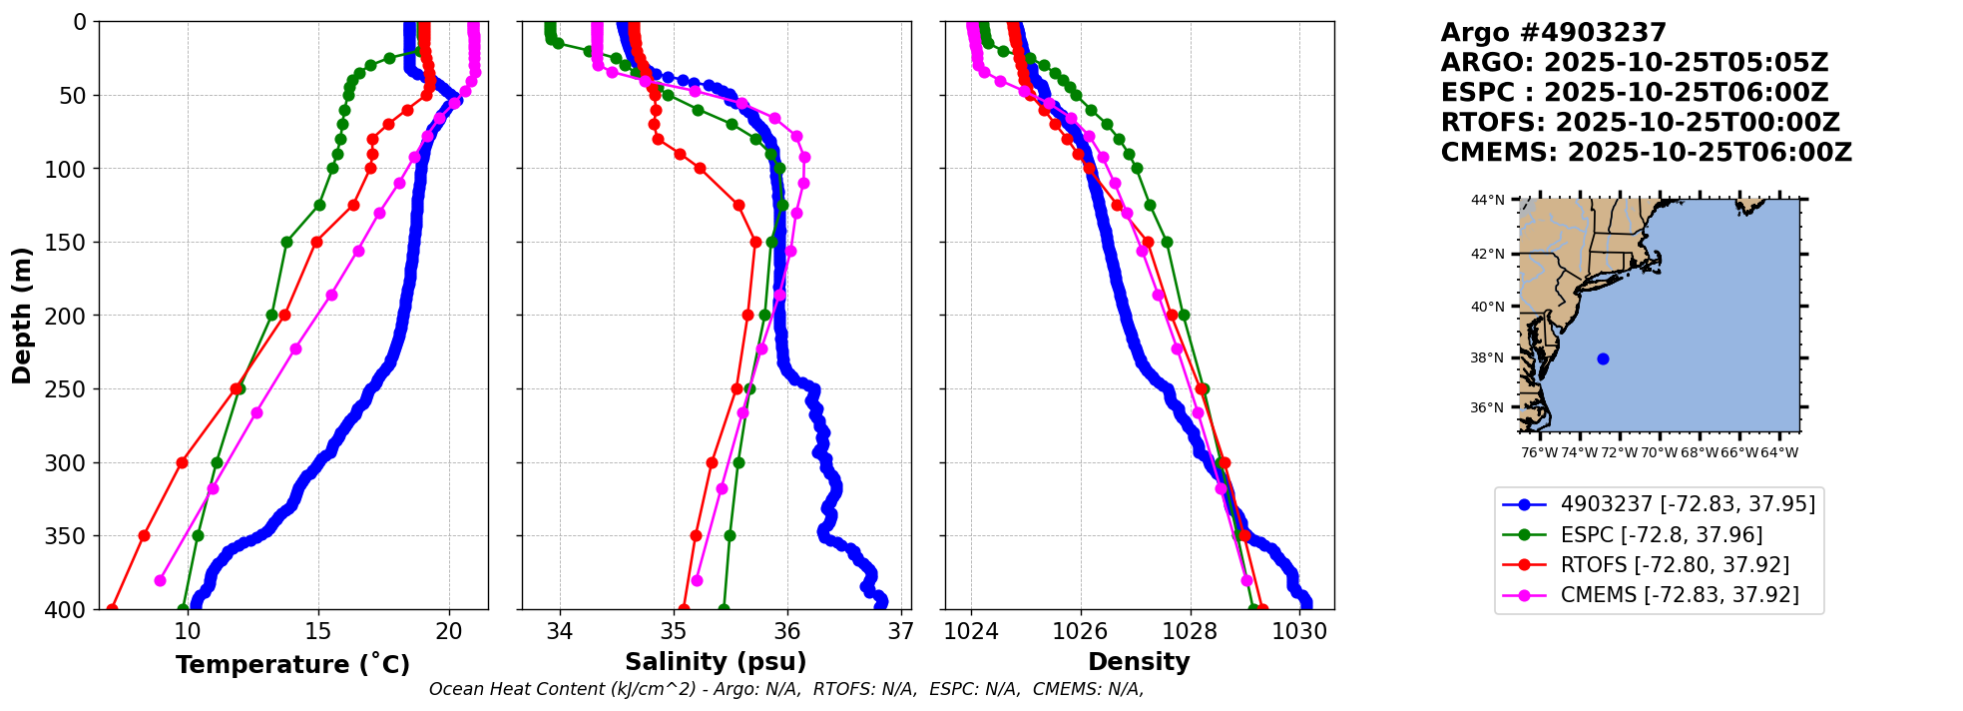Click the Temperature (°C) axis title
(292, 664)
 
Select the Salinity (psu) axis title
(716, 662)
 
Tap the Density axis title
(1139, 662)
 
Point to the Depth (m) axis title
(22, 316)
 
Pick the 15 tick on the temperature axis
(318, 631)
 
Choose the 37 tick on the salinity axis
(901, 631)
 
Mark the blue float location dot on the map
(1603, 358)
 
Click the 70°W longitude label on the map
(1660, 452)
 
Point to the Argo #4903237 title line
(1554, 33)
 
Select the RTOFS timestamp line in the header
(1641, 123)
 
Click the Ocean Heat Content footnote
(786, 689)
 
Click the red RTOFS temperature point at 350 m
(144, 535)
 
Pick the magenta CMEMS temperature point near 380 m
(160, 580)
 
